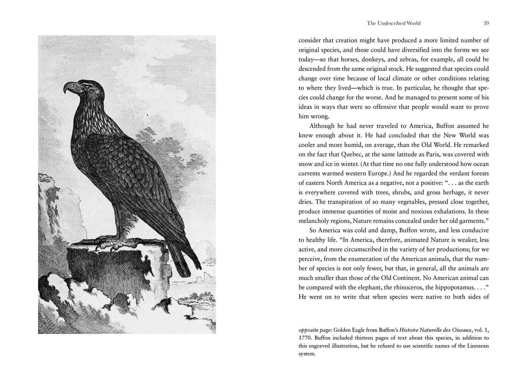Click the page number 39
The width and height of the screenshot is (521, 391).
click(486, 23)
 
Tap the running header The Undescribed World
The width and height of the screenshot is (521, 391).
click(393, 23)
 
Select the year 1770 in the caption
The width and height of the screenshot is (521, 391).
click(305, 338)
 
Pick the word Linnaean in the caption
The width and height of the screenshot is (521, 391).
click(478, 346)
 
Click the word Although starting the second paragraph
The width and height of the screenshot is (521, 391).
click(321, 126)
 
